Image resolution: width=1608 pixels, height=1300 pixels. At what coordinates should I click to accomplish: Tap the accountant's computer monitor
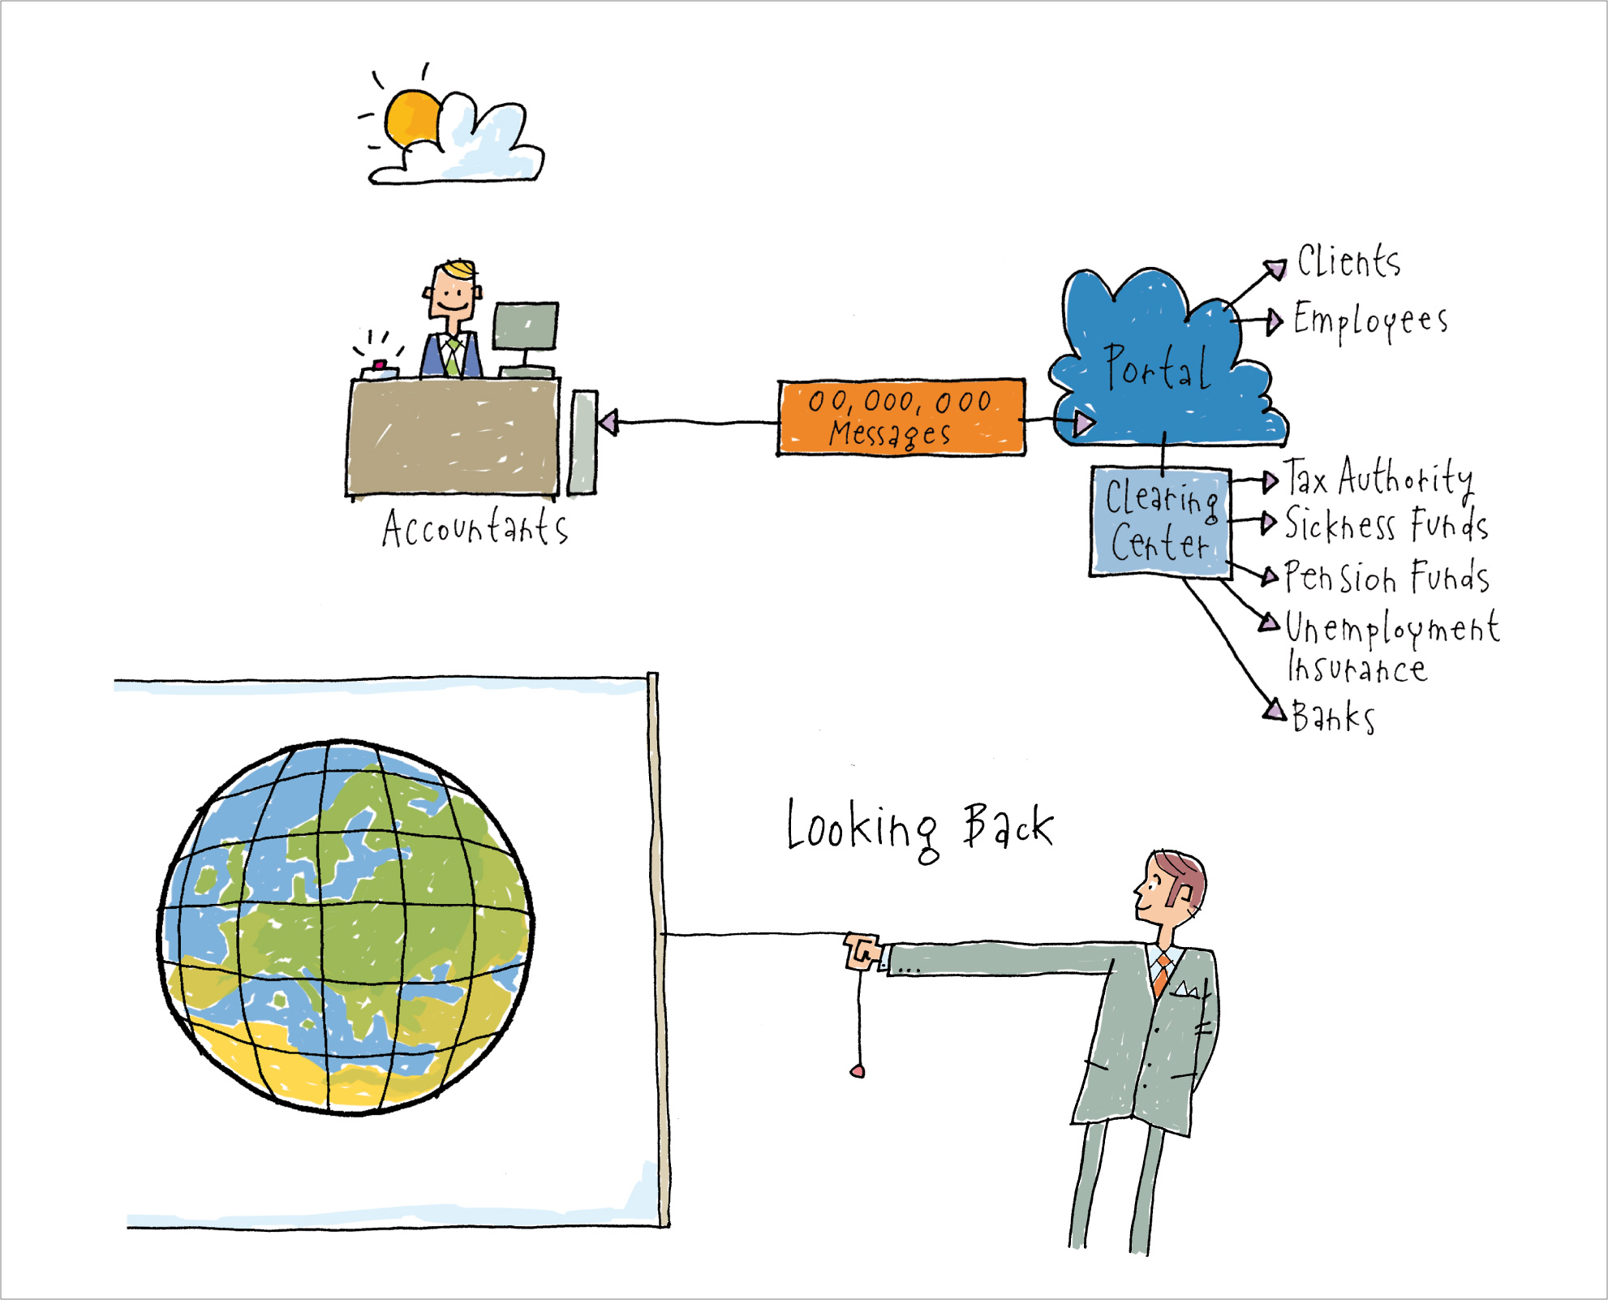click(526, 326)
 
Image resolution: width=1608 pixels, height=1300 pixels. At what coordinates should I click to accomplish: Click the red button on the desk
click(379, 364)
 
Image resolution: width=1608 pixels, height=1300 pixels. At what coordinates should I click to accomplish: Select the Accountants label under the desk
click(475, 527)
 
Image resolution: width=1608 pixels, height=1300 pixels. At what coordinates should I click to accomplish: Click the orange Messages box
click(901, 417)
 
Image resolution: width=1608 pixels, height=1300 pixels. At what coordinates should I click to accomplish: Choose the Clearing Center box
click(1161, 522)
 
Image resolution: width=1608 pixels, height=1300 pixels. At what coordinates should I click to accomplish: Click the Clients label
click(1348, 262)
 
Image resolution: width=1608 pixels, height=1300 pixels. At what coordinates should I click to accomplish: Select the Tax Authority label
click(1378, 479)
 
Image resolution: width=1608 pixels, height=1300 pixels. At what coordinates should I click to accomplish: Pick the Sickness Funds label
click(1387, 524)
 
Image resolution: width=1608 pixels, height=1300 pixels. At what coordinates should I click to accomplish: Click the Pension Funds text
click(1387, 577)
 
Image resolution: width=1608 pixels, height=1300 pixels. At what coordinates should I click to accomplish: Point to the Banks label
click(1333, 717)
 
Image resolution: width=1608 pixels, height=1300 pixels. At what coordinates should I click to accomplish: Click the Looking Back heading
click(920, 829)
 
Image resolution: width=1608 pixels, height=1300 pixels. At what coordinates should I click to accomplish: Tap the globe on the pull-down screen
click(345, 927)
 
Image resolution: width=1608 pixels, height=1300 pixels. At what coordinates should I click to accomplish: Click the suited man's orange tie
click(1162, 974)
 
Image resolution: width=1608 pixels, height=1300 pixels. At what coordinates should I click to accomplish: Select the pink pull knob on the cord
click(858, 1072)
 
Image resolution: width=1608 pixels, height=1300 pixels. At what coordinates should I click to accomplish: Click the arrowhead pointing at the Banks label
click(1275, 709)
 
